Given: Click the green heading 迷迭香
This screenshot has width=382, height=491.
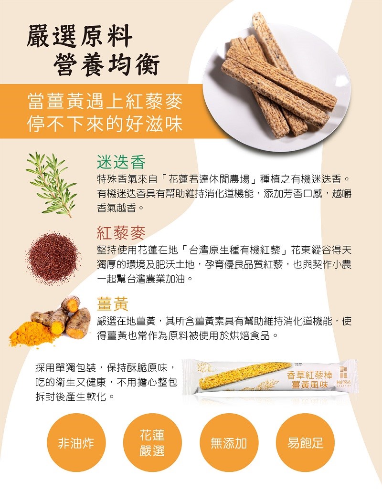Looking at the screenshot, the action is pyautogui.click(x=121, y=162).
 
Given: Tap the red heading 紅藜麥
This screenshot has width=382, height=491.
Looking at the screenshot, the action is pyautogui.click(x=121, y=233).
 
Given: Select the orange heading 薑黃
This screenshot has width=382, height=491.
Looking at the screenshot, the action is pyautogui.click(x=113, y=303).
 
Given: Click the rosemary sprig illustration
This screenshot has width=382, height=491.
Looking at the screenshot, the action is pyautogui.click(x=52, y=184).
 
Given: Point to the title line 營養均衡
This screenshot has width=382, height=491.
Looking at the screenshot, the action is pyautogui.click(x=106, y=64).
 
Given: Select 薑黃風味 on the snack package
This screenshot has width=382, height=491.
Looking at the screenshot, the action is pyautogui.click(x=309, y=385).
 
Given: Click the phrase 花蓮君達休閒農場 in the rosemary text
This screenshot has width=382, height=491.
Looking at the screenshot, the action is pyautogui.click(x=209, y=179).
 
